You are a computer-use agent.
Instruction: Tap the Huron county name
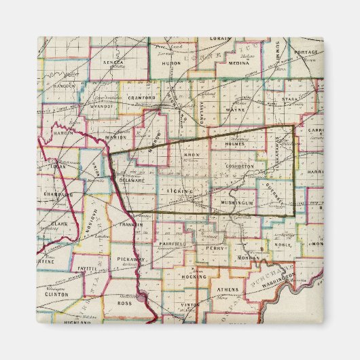(x=172, y=62)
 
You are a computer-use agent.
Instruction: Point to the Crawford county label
(x=142, y=98)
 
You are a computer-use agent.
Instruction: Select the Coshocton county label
(x=240, y=166)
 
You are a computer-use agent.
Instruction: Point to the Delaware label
(x=130, y=181)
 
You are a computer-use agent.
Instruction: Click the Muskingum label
(x=237, y=203)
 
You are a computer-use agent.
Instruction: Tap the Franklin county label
(x=130, y=224)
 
